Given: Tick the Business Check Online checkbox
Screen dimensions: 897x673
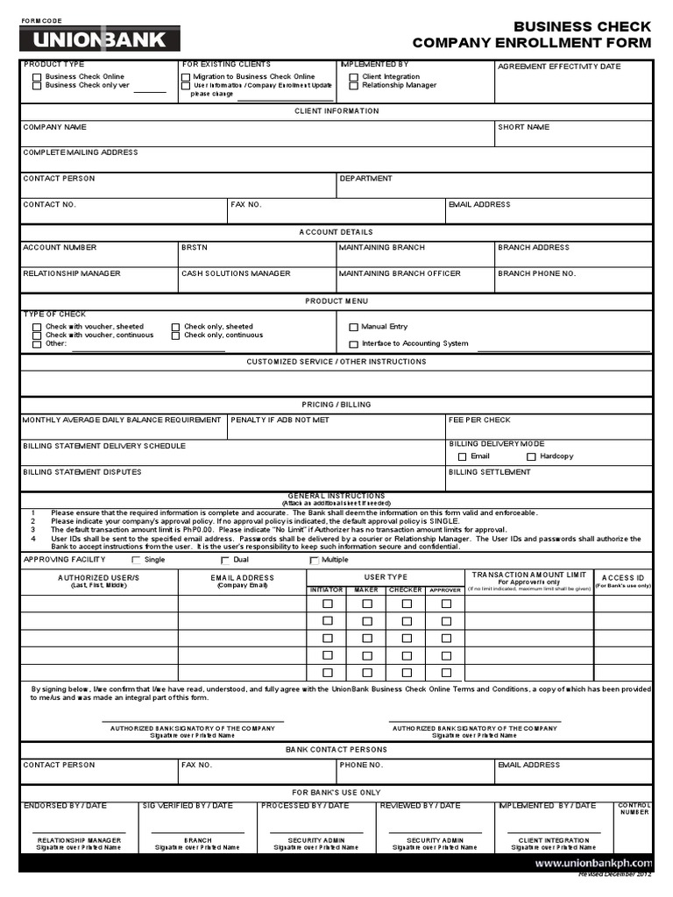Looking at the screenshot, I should click(x=37, y=77).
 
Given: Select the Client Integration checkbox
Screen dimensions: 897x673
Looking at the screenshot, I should click(x=354, y=77).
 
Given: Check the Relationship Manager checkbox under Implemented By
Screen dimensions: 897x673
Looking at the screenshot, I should click(x=354, y=86).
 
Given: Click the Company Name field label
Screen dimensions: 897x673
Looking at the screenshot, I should click(x=54, y=128).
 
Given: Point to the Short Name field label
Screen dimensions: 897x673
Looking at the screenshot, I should click(x=523, y=128).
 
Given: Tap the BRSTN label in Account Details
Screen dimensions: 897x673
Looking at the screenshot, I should click(x=194, y=248).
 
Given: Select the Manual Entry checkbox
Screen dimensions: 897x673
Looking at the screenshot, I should click(x=354, y=327).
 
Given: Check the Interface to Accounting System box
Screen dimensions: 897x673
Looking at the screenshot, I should click(x=354, y=344).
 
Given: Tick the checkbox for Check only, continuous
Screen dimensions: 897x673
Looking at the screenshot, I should click(x=176, y=335).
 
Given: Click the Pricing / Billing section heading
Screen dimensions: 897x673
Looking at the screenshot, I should click(x=336, y=405).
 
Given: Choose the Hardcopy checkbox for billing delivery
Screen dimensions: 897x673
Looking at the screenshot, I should click(x=531, y=456).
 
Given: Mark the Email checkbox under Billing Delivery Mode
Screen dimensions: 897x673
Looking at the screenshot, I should click(x=463, y=456).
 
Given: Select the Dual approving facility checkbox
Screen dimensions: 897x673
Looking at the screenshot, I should click(x=225, y=560).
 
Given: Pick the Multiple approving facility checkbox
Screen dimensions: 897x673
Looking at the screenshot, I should click(x=315, y=560).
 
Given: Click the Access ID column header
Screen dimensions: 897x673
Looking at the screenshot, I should click(x=622, y=578).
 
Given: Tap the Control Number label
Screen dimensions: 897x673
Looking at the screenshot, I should click(x=634, y=809).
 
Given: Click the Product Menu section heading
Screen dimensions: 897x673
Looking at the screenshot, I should click(x=336, y=301).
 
